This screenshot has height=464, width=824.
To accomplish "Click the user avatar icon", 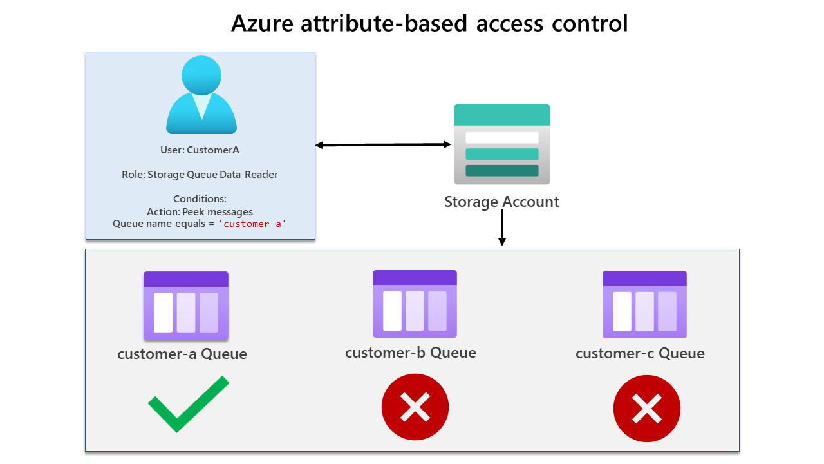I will (201, 95).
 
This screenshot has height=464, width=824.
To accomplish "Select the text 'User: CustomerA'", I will (200, 150).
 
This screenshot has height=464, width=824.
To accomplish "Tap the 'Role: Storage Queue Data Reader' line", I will (200, 175).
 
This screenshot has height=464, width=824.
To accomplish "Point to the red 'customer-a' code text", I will (252, 224).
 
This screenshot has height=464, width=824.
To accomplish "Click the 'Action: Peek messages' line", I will (200, 211).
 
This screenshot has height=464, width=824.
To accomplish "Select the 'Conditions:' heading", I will (200, 199).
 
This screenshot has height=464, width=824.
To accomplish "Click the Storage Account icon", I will (501, 144).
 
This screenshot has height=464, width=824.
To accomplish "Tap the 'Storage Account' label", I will (501, 202).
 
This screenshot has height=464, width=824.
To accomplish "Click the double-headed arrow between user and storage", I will (383, 145).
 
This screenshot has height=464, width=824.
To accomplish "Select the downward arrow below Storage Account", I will (502, 228).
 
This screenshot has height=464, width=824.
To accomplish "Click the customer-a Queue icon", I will (186, 305).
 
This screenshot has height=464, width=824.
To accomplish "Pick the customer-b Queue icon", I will (415, 304).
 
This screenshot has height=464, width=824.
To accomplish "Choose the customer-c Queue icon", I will (644, 304).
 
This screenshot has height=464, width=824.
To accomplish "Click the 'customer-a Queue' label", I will (182, 354).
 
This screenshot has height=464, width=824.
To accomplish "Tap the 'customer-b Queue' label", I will (411, 353).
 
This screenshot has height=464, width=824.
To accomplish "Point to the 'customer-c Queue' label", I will (640, 353).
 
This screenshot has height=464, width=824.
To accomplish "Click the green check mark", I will (188, 404).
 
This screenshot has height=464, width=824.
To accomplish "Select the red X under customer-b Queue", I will (415, 407).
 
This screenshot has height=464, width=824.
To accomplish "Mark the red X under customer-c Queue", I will (646, 409).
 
